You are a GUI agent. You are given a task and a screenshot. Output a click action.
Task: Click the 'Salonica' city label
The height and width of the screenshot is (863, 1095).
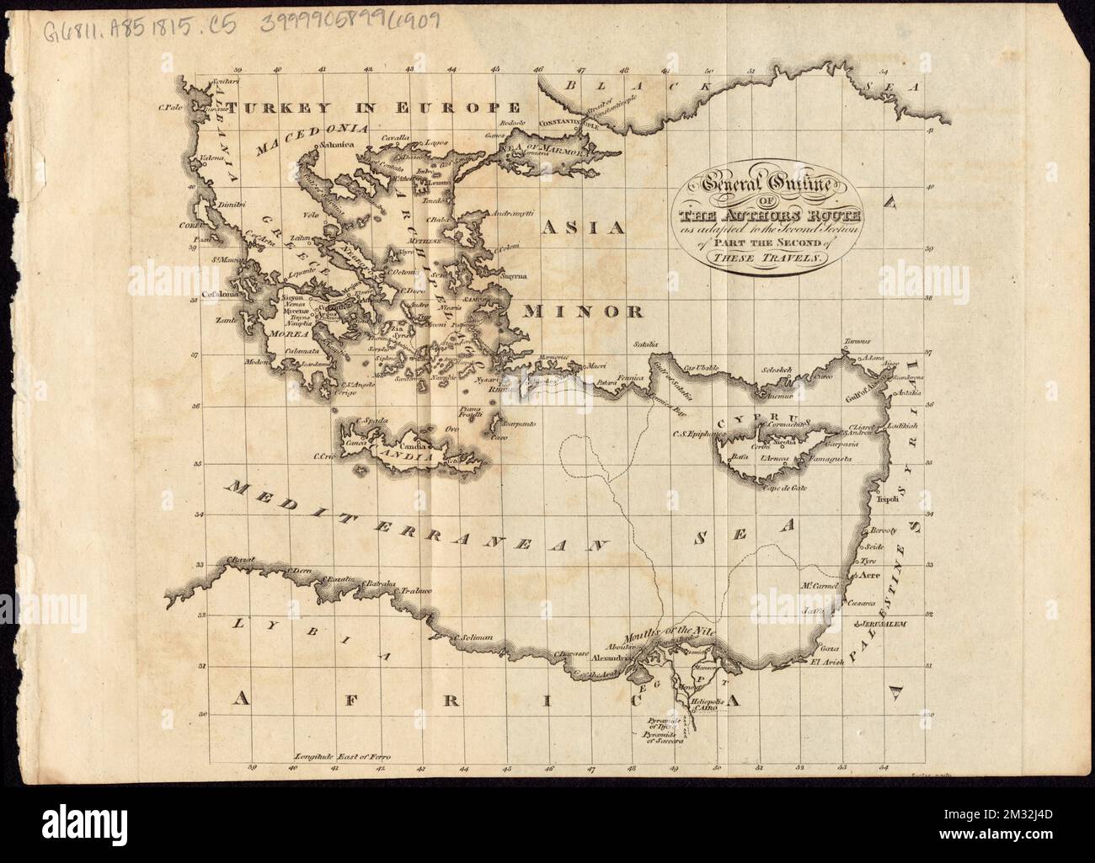pos(334,146)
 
